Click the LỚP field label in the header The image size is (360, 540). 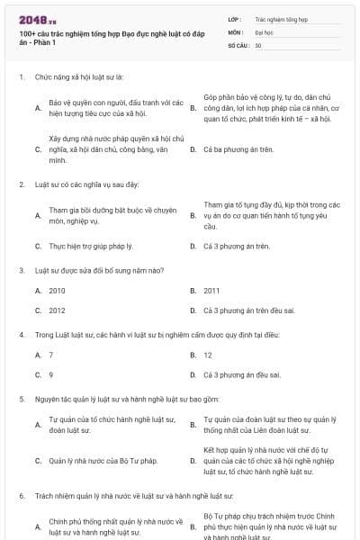click(x=235, y=18)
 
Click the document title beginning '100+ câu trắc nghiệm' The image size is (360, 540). click(x=98, y=37)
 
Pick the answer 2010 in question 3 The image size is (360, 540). click(x=58, y=291)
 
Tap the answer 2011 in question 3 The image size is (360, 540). click(x=211, y=291)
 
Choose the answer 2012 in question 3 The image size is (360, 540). click(x=58, y=310)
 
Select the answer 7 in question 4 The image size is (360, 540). click(x=51, y=355)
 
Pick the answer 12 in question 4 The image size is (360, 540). click(x=208, y=355)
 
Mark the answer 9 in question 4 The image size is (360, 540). click(x=51, y=374)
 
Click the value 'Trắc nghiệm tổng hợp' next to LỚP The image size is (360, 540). click(x=282, y=18)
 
